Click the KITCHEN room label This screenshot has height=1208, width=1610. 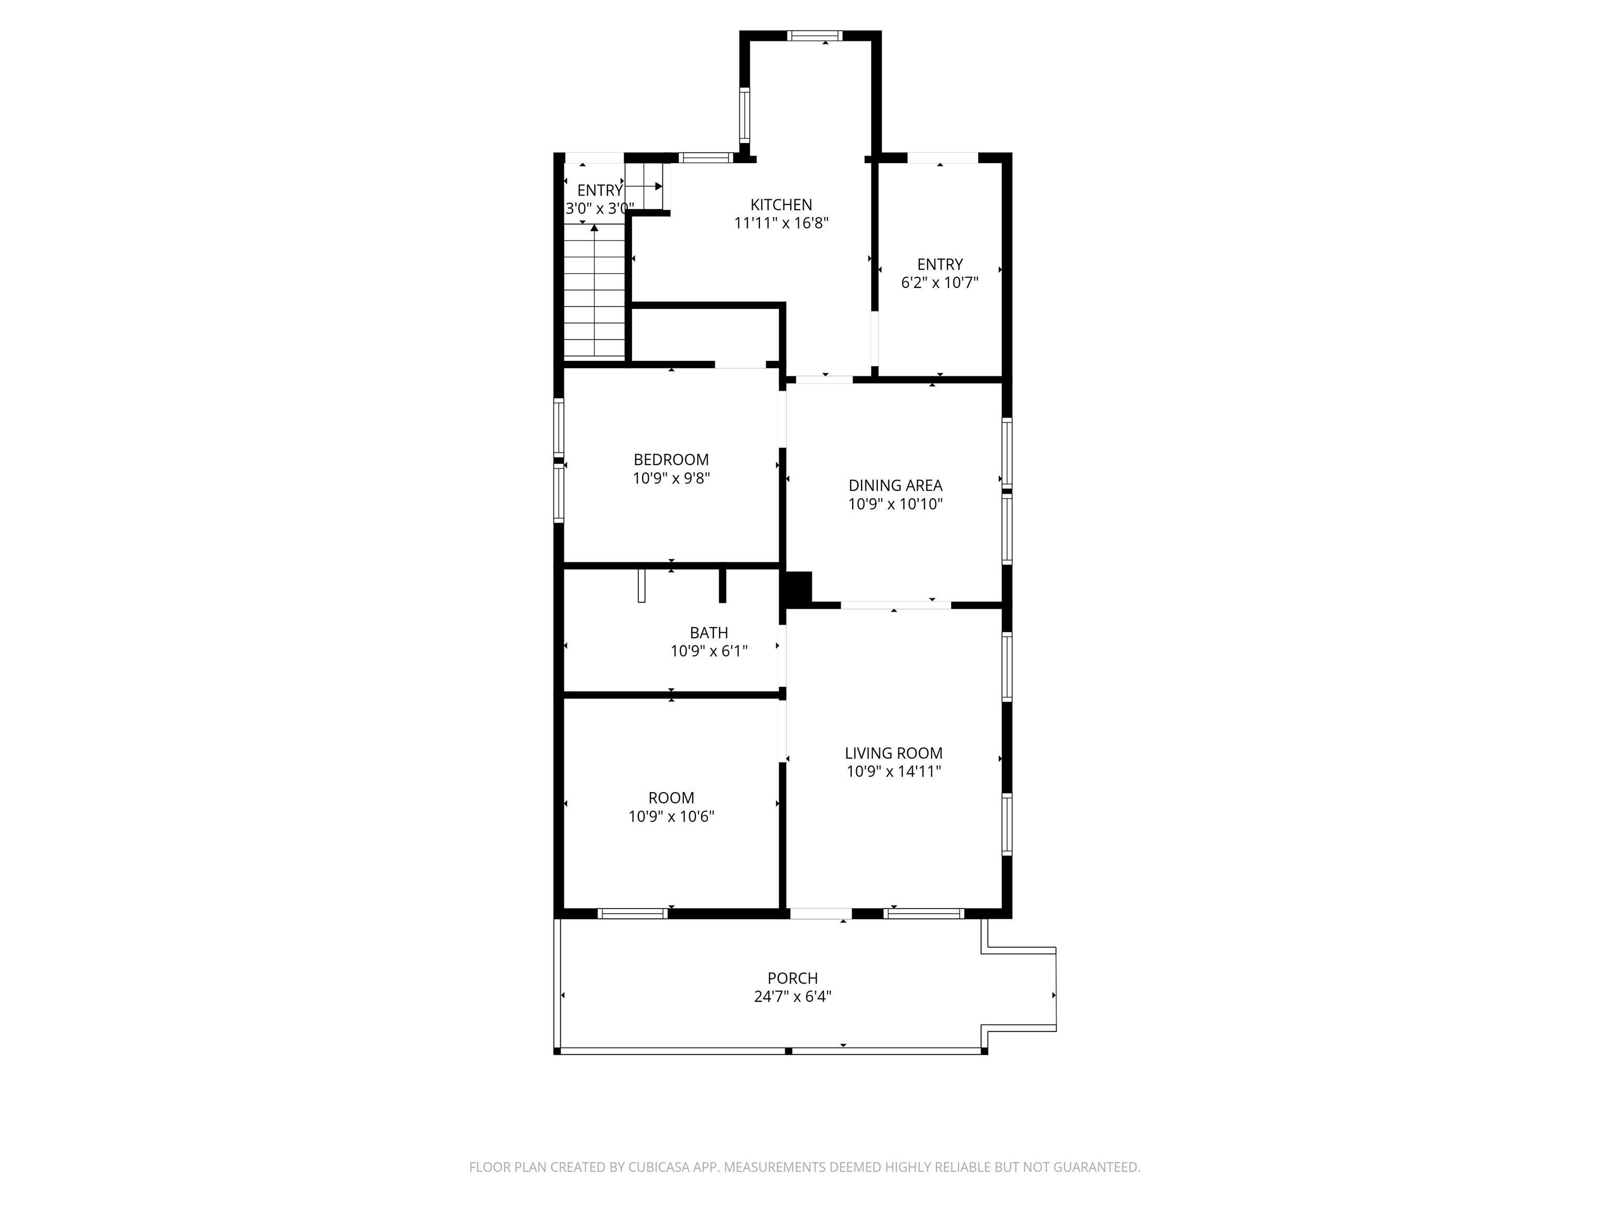(x=781, y=206)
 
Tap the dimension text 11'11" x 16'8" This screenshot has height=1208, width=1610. (x=781, y=223)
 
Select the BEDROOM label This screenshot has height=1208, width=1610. (x=671, y=460)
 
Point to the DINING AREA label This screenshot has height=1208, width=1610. (x=895, y=486)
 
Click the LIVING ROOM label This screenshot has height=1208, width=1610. (x=894, y=753)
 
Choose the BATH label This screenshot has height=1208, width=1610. (x=709, y=633)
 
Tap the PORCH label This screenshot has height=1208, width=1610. (x=792, y=979)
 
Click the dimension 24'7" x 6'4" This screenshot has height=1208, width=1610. (x=792, y=997)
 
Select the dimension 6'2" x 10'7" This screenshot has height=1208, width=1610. (x=940, y=283)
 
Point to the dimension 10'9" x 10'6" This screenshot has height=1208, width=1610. (x=671, y=817)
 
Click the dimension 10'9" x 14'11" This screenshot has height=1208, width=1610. (x=894, y=772)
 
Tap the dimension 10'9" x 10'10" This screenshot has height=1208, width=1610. (x=895, y=504)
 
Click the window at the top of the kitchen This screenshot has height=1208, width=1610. (x=814, y=36)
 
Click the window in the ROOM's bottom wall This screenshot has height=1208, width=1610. (x=633, y=914)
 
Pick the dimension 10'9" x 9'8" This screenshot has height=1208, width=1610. (x=671, y=478)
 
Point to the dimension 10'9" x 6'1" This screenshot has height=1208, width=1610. (x=709, y=652)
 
